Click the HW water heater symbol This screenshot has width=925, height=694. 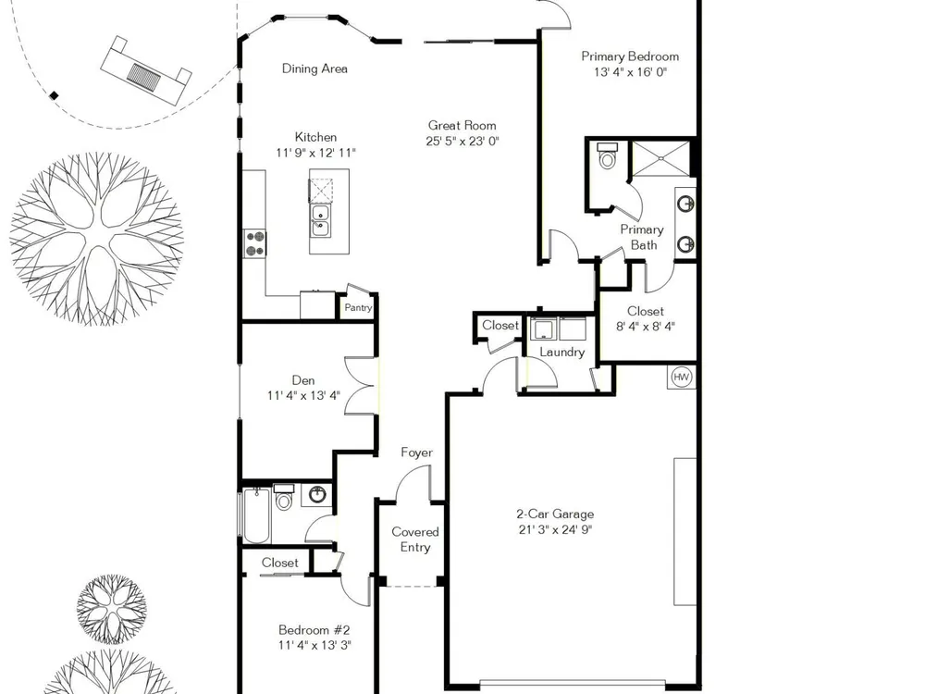682,378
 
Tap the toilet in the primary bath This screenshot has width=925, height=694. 607,155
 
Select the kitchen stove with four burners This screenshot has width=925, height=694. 255,243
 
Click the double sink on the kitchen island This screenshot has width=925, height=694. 320,220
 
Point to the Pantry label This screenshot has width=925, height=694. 358,307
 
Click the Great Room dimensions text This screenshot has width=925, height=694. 462,141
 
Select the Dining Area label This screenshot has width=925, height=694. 314,68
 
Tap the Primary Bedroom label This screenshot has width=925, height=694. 630,56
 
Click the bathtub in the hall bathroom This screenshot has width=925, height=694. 256,515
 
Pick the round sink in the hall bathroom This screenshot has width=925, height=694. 317,494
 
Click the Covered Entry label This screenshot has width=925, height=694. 415,539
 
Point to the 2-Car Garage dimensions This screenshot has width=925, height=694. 555,529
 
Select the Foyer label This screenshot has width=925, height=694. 416,452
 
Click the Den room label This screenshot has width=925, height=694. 303,380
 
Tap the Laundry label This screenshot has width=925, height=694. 562,353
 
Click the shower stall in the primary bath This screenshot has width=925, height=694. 660,158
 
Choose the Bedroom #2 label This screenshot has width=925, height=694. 314,629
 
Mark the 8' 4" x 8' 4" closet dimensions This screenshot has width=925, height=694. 646,327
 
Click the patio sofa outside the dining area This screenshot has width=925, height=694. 147,70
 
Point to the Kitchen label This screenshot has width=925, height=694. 316,137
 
